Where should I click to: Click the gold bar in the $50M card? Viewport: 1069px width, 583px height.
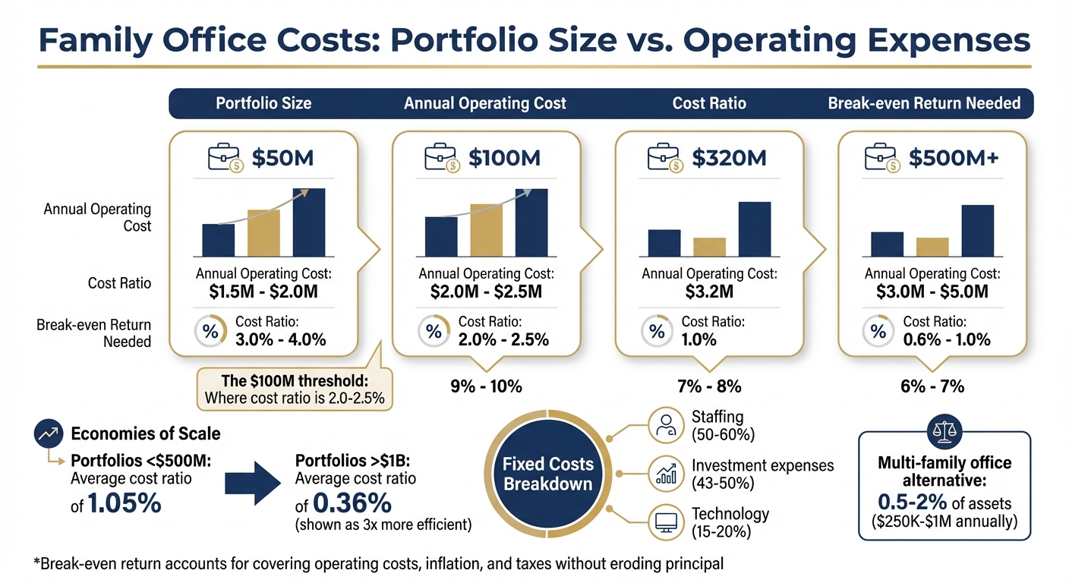(263, 233)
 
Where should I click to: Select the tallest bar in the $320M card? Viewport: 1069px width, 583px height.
(754, 229)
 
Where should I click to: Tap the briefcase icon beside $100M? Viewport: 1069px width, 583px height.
(443, 159)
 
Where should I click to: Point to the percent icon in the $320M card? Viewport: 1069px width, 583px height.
(657, 331)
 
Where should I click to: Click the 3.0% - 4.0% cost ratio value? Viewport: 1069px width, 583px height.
(280, 339)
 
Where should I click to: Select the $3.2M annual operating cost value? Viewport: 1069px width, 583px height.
(708, 291)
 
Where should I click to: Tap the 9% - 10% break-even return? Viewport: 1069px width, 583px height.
(486, 386)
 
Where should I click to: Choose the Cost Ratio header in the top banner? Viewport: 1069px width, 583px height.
(709, 102)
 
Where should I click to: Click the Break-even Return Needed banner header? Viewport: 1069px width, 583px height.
(924, 102)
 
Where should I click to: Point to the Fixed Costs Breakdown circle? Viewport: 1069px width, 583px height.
(547, 474)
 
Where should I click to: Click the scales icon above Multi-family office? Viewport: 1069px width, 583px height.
(944, 432)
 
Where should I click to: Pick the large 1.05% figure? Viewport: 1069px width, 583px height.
(124, 503)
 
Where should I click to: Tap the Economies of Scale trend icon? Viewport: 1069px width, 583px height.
(48, 434)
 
